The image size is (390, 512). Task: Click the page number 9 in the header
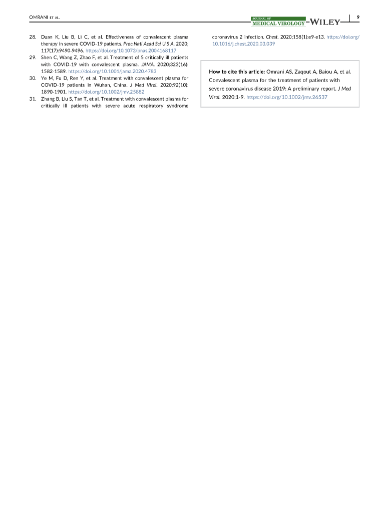tap(357, 18)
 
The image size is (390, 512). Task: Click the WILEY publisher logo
tap(326, 22)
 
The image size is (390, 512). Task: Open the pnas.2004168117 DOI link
tap(131, 51)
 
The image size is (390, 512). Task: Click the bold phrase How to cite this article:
tap(237, 72)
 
